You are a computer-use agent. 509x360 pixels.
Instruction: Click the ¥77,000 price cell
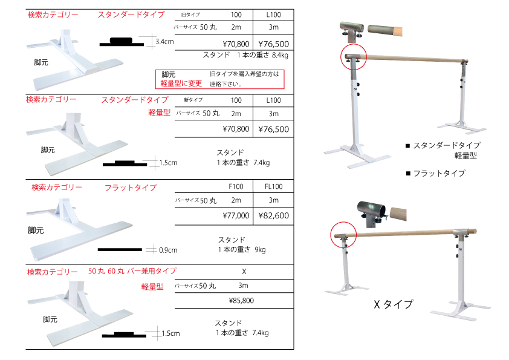click(x=236, y=216)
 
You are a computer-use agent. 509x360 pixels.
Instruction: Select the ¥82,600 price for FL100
click(x=274, y=216)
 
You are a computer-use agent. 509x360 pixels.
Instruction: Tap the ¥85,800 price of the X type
click(x=241, y=301)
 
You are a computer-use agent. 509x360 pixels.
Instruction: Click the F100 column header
click(x=236, y=186)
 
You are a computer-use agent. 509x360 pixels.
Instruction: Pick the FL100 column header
click(x=274, y=186)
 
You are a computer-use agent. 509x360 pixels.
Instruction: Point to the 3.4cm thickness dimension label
click(x=164, y=42)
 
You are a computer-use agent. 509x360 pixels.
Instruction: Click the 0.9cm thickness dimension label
click(x=168, y=250)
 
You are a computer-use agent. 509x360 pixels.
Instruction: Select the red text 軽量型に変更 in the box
click(x=181, y=83)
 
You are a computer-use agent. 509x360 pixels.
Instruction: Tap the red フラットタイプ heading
click(x=131, y=188)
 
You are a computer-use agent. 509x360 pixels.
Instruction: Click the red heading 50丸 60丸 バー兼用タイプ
click(x=132, y=271)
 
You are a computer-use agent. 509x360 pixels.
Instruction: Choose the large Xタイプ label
click(x=394, y=304)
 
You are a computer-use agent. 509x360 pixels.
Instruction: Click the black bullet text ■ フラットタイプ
click(x=436, y=174)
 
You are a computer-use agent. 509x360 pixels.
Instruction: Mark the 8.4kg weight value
click(x=280, y=55)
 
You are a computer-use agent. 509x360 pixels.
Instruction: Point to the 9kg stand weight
click(x=260, y=249)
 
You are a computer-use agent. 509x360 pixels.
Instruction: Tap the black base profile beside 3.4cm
click(x=122, y=42)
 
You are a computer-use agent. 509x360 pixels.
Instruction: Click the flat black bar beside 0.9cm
click(x=120, y=249)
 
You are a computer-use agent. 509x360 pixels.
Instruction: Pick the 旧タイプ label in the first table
click(x=190, y=15)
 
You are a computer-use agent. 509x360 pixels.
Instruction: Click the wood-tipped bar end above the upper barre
click(x=385, y=30)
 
